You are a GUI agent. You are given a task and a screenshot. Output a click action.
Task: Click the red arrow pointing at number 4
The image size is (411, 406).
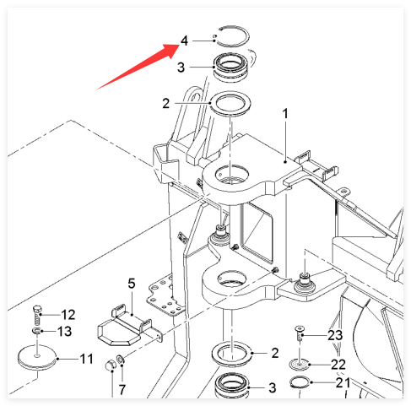point(138,67)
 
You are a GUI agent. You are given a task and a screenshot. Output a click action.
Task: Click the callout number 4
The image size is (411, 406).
point(184,41)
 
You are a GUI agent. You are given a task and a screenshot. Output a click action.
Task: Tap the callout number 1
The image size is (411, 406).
point(285,114)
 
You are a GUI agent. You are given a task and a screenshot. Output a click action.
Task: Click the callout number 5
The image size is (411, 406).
point(132,284)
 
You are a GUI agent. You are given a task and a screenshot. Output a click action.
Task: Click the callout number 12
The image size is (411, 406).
point(68,315)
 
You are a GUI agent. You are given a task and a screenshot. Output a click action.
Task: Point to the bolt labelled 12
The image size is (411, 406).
point(37,315)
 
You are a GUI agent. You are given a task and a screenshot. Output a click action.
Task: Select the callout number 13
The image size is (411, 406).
point(64,332)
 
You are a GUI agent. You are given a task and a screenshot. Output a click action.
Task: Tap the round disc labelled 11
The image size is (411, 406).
point(37,357)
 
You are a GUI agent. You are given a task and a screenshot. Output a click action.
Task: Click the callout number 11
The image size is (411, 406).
point(86,359)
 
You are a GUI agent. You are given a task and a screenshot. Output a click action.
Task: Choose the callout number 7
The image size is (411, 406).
point(122,390)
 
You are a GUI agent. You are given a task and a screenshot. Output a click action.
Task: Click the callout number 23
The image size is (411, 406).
point(335,335)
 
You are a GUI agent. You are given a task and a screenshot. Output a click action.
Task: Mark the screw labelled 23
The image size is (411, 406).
point(300,333)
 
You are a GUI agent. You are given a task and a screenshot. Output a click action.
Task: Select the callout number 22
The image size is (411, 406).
point(338,365)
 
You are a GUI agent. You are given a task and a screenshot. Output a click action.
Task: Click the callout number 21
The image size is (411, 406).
point(343,382)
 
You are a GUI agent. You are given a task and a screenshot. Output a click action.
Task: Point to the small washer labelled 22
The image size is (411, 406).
point(300,365)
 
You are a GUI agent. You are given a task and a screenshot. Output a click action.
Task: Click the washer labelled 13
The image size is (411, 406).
point(37,331)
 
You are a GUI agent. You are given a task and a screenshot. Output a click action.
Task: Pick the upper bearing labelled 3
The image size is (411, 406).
point(231,68)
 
